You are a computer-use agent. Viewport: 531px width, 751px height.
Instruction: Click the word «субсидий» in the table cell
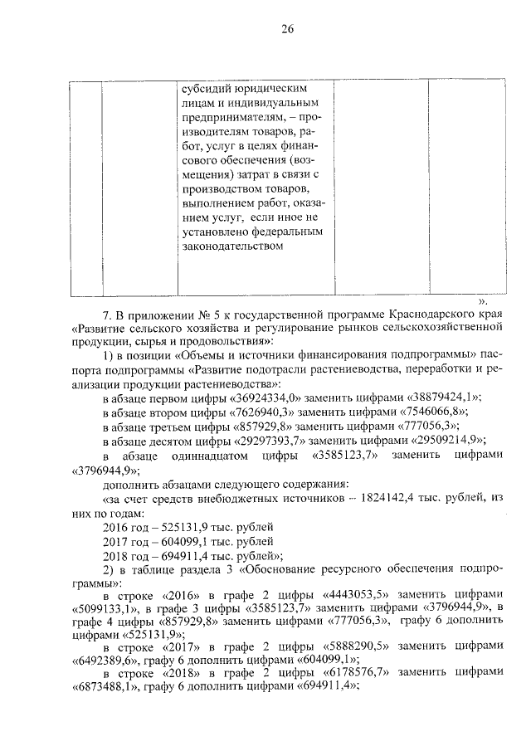[204, 87]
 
